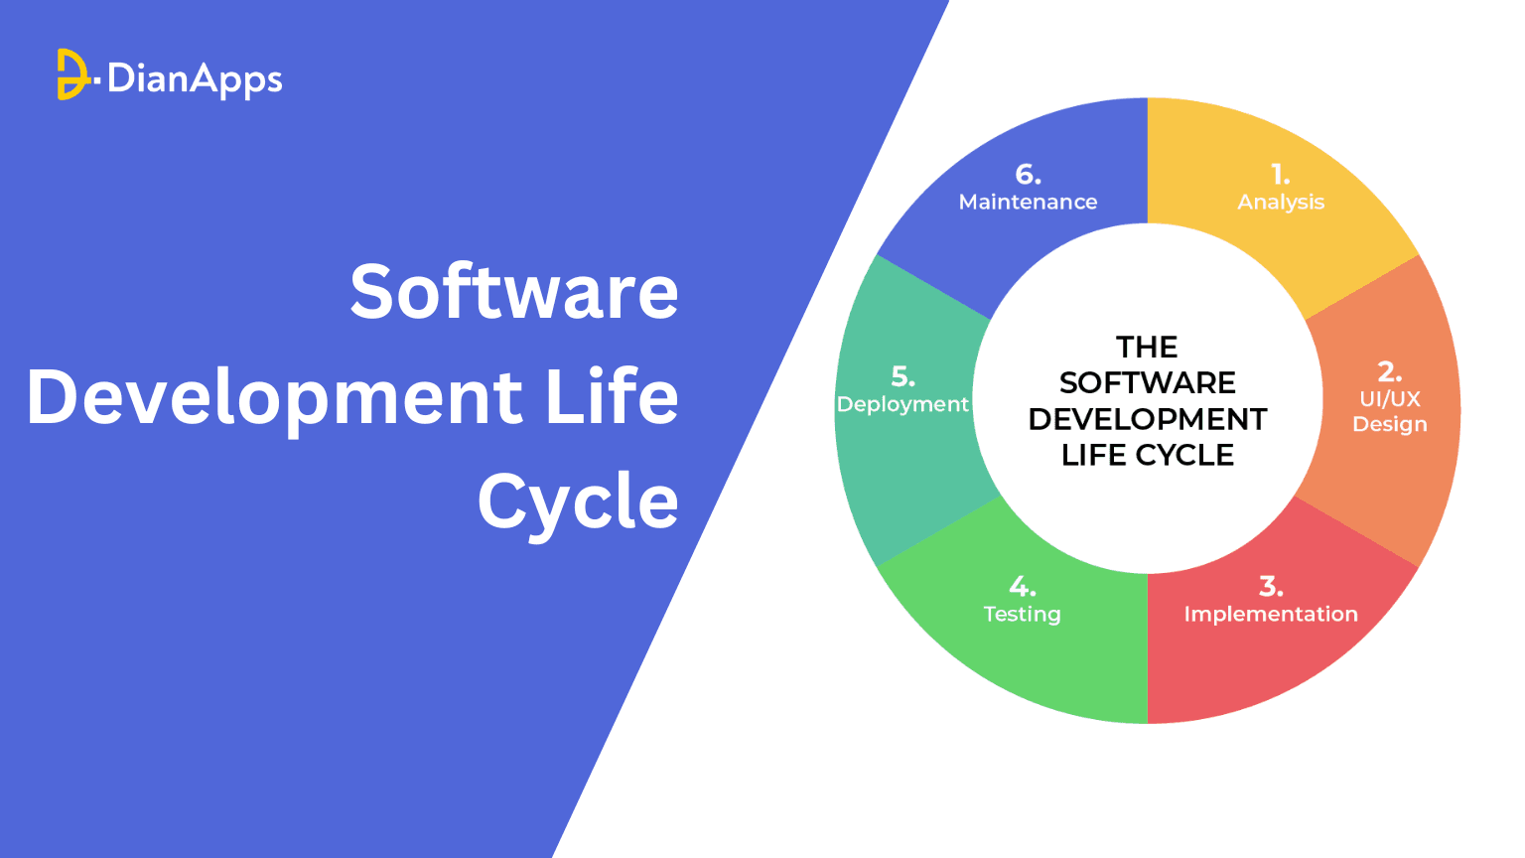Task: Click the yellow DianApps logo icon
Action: click(x=71, y=74)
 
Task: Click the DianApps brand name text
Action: click(x=195, y=78)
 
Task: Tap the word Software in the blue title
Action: click(x=514, y=292)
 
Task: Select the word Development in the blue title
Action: click(x=274, y=397)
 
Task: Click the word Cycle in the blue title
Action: click(x=578, y=501)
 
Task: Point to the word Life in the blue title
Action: click(x=613, y=396)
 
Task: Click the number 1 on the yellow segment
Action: click(x=1280, y=175)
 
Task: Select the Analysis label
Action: click(x=1281, y=202)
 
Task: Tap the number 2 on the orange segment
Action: click(x=1388, y=371)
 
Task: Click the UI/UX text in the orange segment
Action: click(x=1390, y=398)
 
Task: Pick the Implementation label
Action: click(x=1271, y=614)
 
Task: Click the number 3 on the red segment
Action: click(x=1270, y=586)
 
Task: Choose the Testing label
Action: click(x=1023, y=614)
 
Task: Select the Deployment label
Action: click(x=902, y=404)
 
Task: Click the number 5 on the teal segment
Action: click(x=901, y=376)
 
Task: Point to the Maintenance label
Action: click(x=1028, y=202)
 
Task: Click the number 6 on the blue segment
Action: click(x=1027, y=175)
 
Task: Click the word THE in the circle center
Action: click(x=1147, y=347)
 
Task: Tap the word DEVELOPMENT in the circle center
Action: click(x=1148, y=419)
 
